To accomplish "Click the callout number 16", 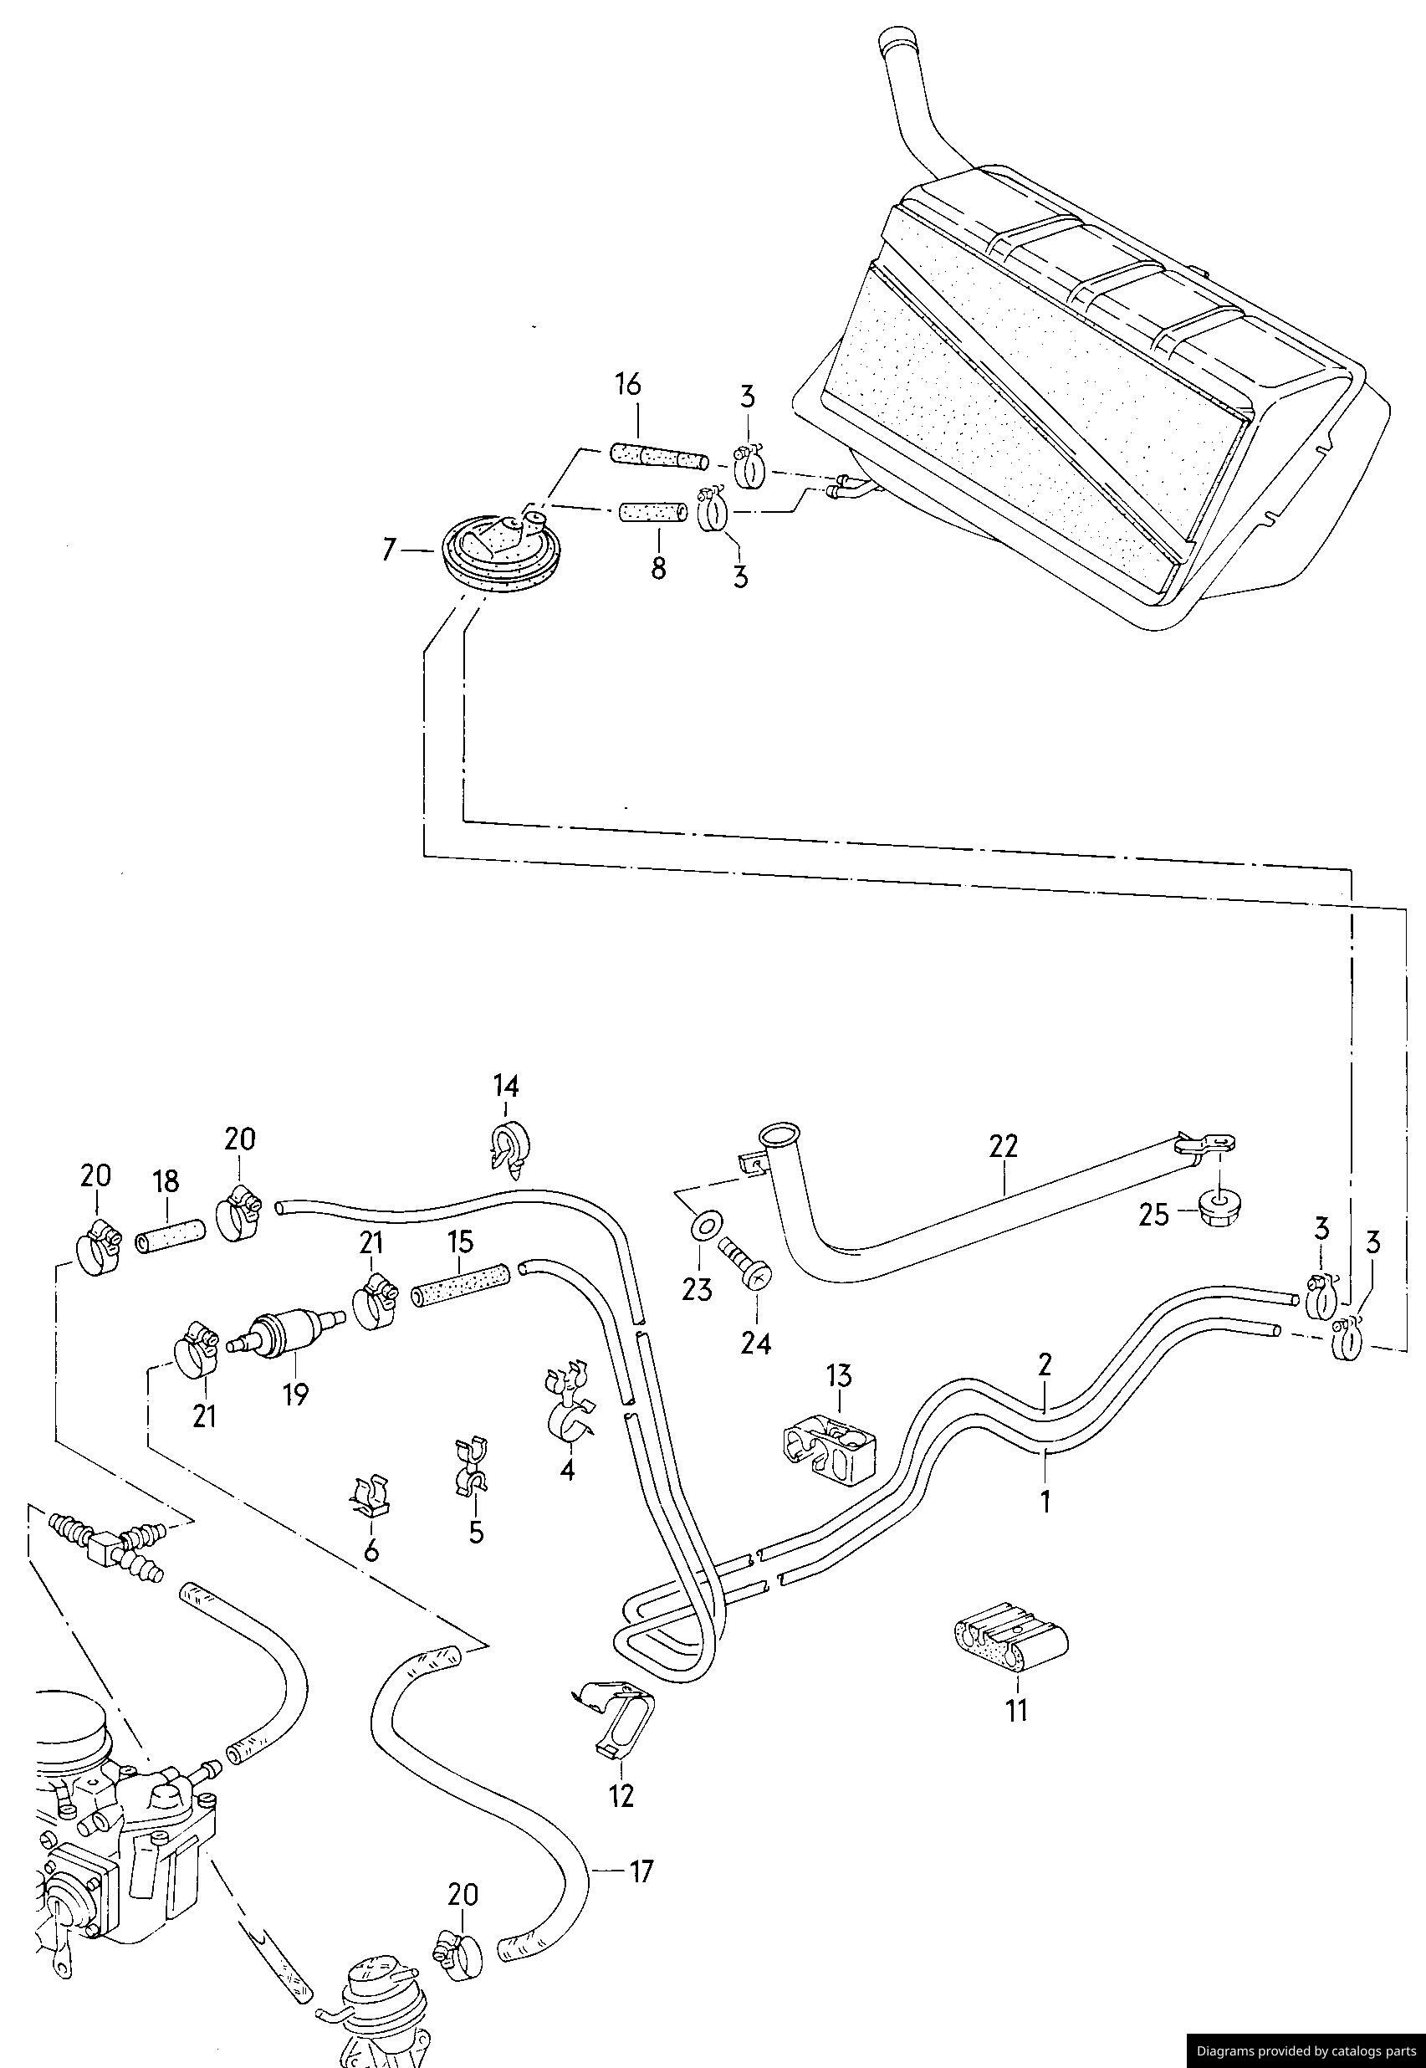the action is [627, 384].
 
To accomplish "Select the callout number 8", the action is [658, 567].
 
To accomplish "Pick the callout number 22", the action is [1004, 1146].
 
